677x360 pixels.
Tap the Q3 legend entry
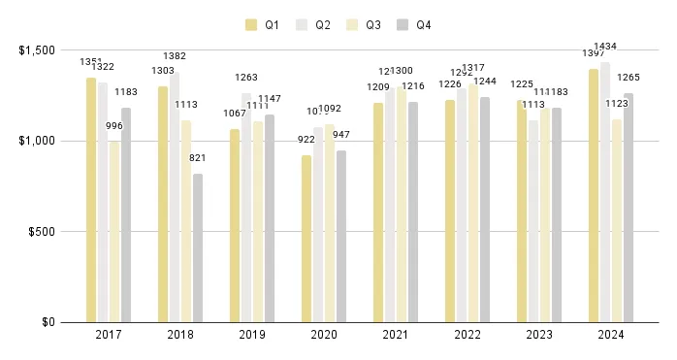369,24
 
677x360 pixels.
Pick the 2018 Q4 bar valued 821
198,247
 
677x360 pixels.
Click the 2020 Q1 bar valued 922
306,239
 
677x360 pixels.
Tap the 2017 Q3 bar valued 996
114,232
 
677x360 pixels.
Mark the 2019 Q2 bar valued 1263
246,208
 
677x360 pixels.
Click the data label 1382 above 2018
175,57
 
